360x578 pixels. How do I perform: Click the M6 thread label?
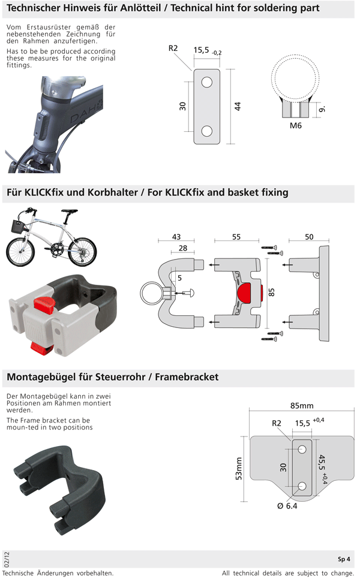295,126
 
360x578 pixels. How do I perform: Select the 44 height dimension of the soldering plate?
238,106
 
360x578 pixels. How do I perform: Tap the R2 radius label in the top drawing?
173,48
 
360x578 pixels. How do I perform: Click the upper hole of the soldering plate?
207,82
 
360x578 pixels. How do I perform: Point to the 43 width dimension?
176,237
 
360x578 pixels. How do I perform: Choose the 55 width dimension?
236,237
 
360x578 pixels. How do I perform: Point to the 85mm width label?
302,406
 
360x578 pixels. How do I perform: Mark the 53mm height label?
238,471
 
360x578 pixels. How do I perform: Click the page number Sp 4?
344,559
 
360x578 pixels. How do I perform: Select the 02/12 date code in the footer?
7,559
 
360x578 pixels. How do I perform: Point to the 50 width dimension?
309,237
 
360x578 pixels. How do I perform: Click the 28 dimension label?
182,248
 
